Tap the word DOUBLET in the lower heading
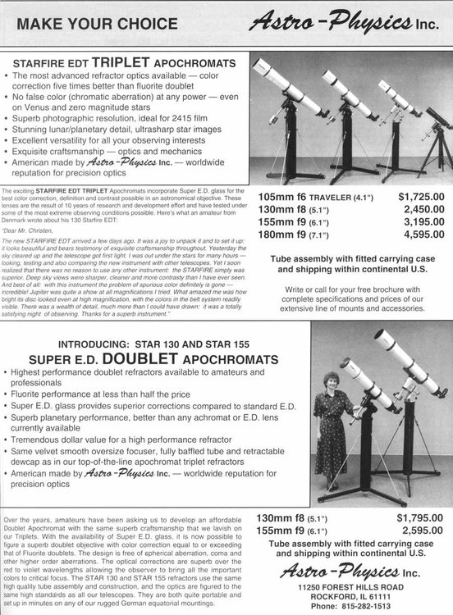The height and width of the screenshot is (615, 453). [x=136, y=360]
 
